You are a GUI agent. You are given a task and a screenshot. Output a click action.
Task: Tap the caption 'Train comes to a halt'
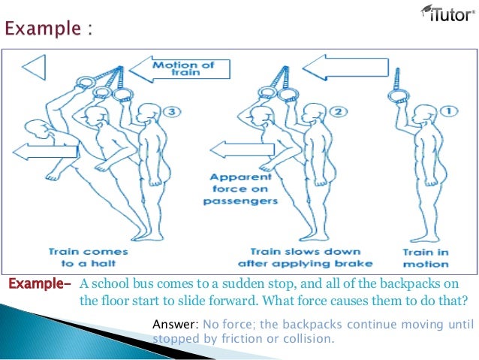click(x=88, y=257)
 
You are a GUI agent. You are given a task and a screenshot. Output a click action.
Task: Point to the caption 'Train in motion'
click(x=426, y=257)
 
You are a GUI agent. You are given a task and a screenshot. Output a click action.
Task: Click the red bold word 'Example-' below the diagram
click(x=38, y=283)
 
